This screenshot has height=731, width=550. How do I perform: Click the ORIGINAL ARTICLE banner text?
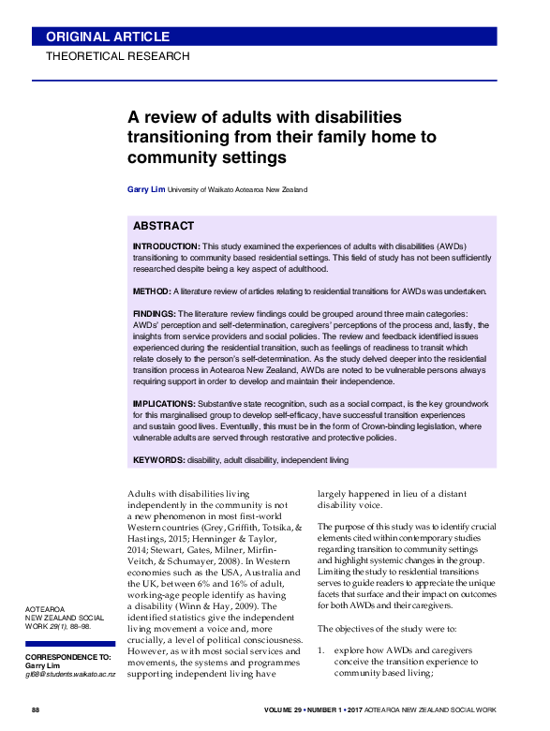click(108, 37)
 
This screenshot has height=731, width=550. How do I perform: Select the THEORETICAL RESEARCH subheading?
click(118, 56)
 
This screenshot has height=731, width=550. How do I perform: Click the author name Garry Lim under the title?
click(145, 189)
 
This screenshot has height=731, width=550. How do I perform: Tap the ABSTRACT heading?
click(163, 226)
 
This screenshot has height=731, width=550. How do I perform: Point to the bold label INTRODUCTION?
click(167, 246)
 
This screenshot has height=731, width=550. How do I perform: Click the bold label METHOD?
click(152, 291)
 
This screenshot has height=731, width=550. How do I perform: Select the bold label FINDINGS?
click(155, 315)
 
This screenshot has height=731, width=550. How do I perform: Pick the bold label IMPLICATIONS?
click(164, 402)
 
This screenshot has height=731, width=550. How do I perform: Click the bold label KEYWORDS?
click(159, 460)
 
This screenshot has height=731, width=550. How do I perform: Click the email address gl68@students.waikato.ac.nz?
click(69, 675)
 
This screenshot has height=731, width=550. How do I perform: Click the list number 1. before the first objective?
click(320, 649)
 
